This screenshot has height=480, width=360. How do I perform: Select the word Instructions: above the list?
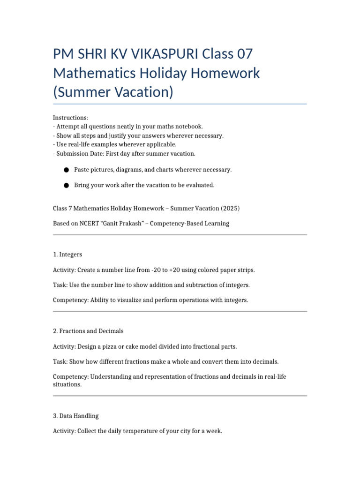pyautogui.click(x=70, y=118)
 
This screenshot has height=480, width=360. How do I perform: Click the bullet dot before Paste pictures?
pyautogui.click(x=67, y=170)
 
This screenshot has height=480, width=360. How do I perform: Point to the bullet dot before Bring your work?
pyautogui.click(x=67, y=186)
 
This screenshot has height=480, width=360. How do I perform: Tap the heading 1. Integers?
pyautogui.click(x=67, y=255)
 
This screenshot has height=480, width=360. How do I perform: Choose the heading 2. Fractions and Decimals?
pyautogui.click(x=88, y=331)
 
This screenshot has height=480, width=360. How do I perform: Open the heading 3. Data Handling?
pyautogui.click(x=76, y=416)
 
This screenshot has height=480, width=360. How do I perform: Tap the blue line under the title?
pyautogui.click(x=180, y=104)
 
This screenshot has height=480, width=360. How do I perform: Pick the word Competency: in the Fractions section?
pyautogui.click(x=70, y=376)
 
